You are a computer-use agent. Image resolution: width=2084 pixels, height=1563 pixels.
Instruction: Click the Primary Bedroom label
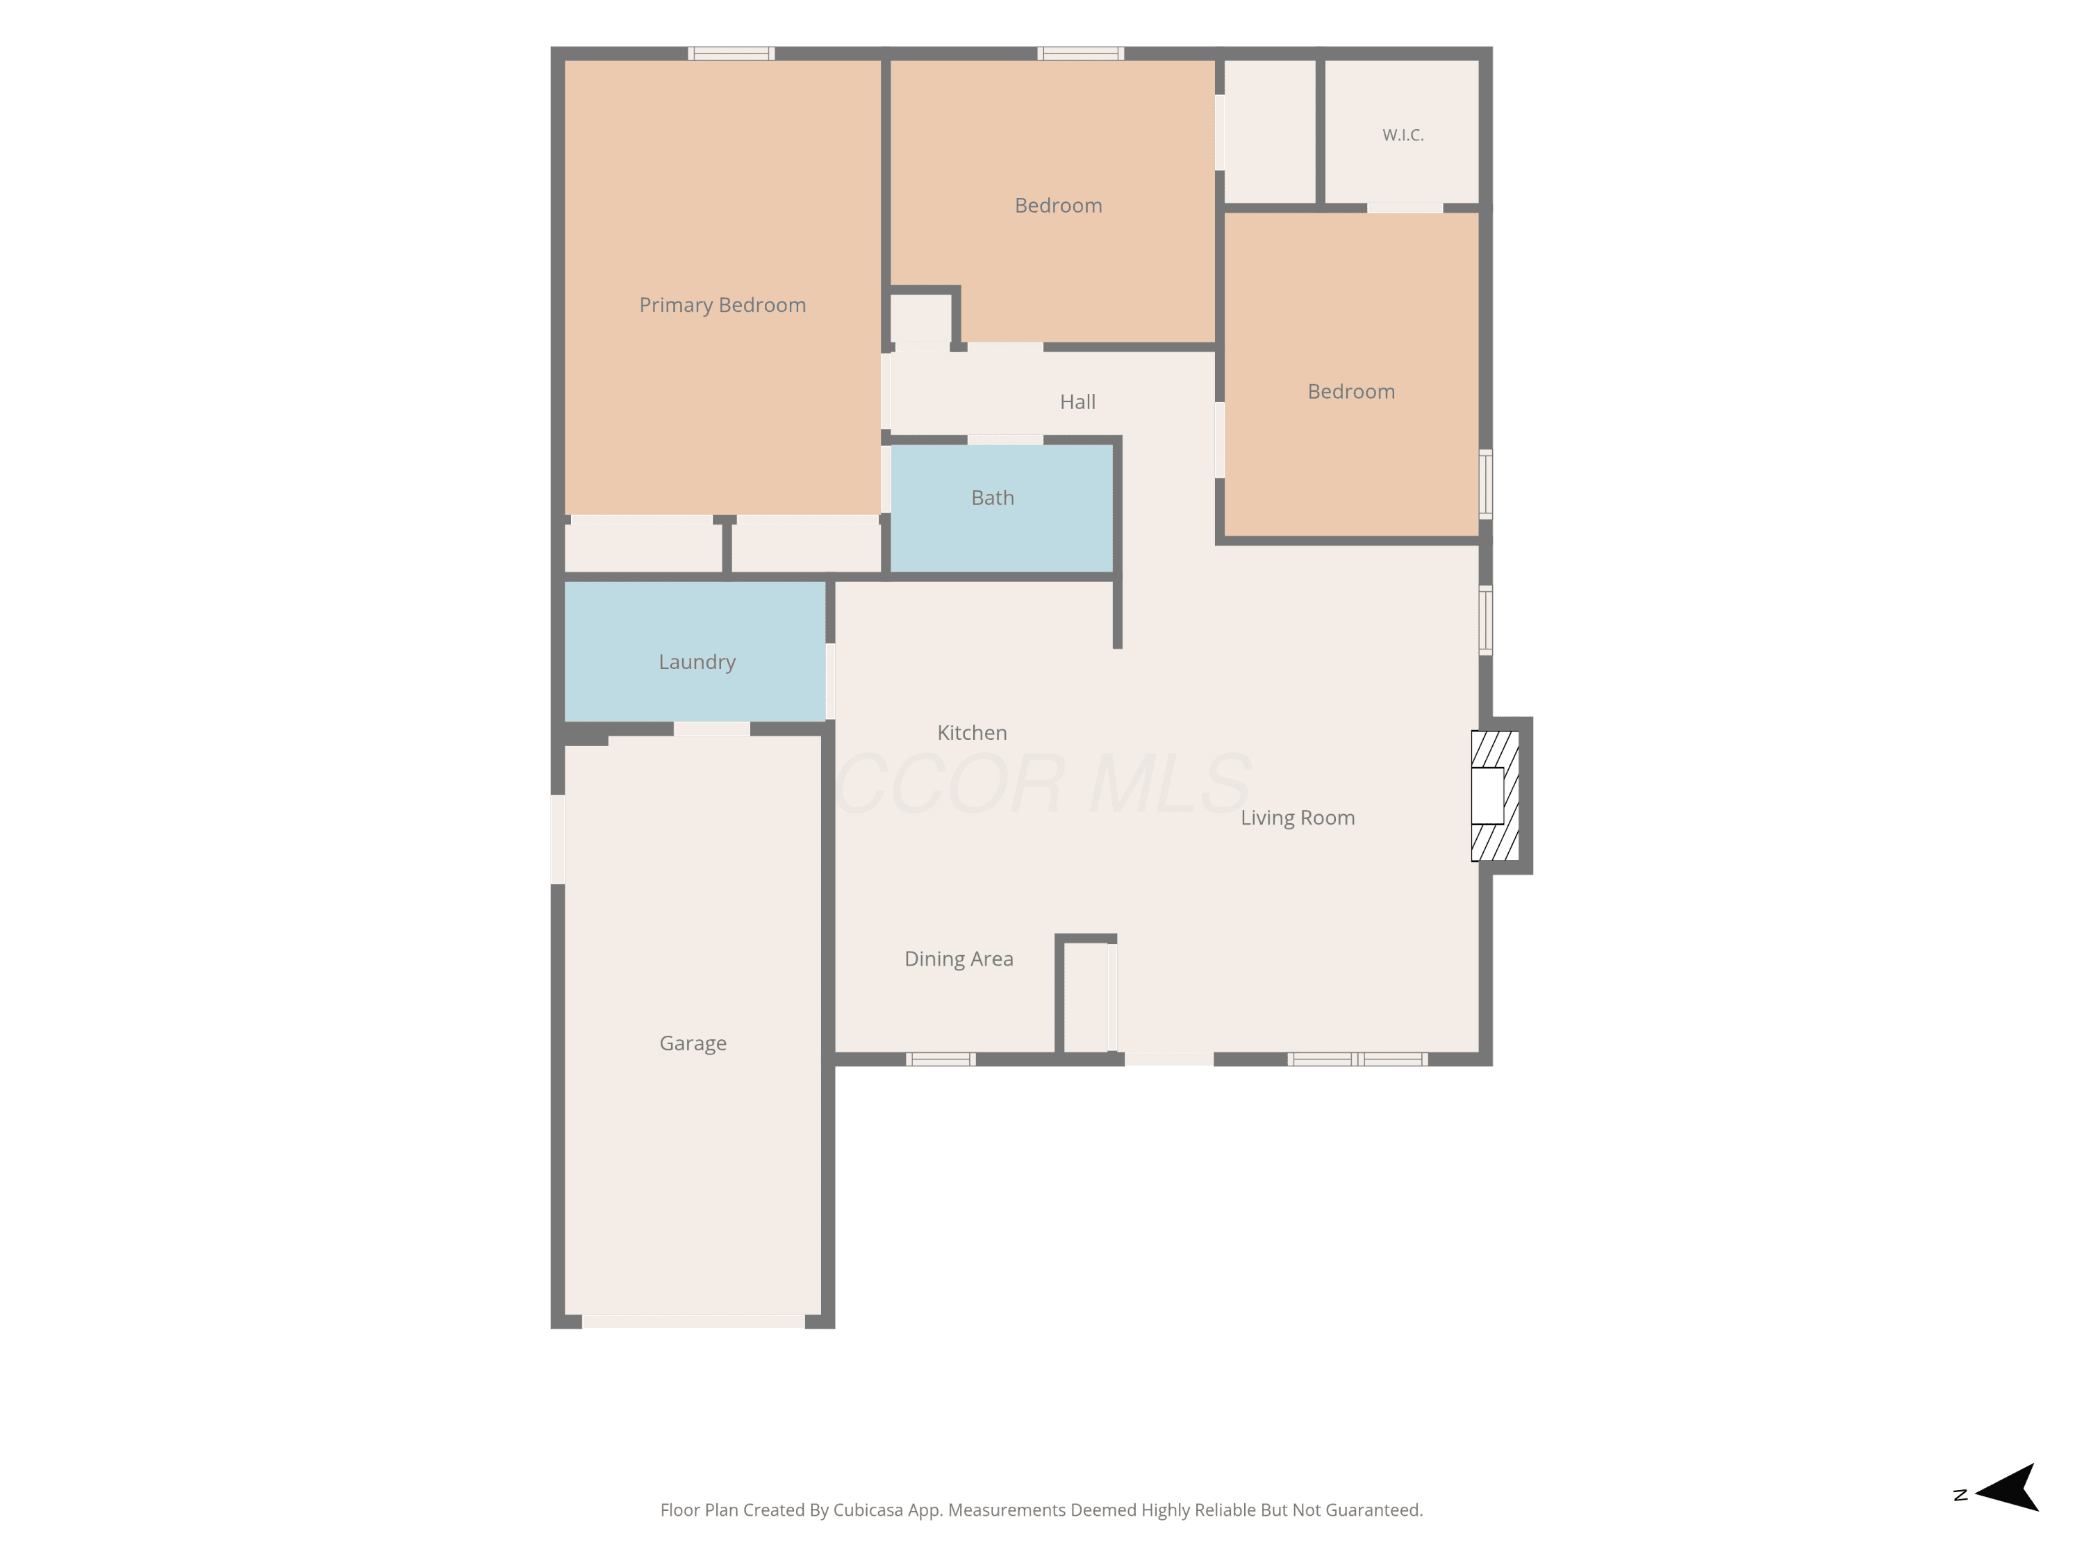[x=722, y=305]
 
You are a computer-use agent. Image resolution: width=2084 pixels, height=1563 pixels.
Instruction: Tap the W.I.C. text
[x=1403, y=135]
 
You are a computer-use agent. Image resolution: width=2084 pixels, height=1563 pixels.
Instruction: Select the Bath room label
[x=993, y=497]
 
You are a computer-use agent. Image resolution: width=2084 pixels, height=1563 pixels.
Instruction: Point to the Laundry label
[x=697, y=662]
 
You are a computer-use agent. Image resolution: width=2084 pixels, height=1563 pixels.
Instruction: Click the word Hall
[x=1078, y=402]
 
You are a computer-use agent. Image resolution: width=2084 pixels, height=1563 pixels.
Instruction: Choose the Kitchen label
[x=973, y=733]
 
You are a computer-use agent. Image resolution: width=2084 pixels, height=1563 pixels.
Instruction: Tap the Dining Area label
[x=959, y=959]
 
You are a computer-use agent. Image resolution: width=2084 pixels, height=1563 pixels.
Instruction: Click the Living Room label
[x=1298, y=818]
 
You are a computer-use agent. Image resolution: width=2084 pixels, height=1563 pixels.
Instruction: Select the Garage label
[x=693, y=1044]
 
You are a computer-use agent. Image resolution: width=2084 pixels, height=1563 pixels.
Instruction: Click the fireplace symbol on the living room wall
[x=1495, y=796]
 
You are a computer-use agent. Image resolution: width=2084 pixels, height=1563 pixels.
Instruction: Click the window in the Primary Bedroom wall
[x=731, y=53]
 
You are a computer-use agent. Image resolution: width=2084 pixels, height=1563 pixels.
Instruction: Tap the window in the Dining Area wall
[x=941, y=1059]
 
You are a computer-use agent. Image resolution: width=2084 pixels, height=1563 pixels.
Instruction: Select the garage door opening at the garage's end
[x=693, y=1322]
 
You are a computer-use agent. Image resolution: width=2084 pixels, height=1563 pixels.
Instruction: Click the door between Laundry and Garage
[x=712, y=728]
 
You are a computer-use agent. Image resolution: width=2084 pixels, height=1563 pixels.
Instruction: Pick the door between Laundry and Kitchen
[x=830, y=681]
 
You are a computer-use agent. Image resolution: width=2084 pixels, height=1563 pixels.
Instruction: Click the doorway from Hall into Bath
[x=1005, y=440]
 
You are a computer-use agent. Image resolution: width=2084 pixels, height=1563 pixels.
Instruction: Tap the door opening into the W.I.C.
[x=1405, y=208]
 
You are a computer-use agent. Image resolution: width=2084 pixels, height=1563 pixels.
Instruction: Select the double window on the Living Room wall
[x=1357, y=1059]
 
